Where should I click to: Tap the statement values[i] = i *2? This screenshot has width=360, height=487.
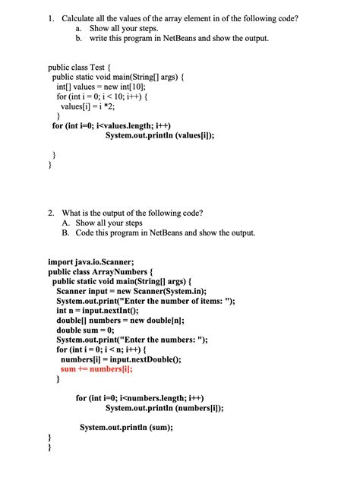click(93, 107)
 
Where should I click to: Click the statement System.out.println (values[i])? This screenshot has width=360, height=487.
click(159, 136)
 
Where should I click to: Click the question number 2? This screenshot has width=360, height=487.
click(49, 213)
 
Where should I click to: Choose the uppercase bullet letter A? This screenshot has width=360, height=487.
click(67, 223)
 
